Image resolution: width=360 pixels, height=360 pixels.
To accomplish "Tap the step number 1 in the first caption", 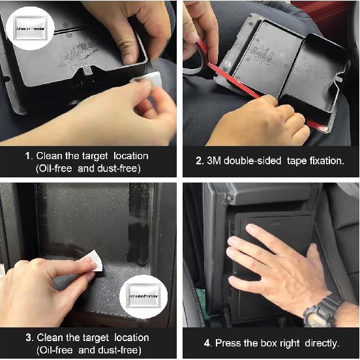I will coord(28,156).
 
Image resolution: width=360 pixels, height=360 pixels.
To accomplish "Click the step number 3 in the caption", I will coord(28,338).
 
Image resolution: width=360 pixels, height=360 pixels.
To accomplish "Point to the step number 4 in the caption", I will coord(205,343).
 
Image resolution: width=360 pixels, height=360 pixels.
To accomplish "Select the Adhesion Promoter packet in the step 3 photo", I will coord(145,296).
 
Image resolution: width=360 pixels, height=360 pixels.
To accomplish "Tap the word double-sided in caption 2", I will coord(255,161).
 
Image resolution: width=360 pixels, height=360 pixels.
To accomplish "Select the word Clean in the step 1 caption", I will coord(50,156).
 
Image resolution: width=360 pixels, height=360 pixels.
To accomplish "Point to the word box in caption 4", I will coord(267,343).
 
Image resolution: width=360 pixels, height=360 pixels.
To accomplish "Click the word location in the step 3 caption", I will coord(130,338).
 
